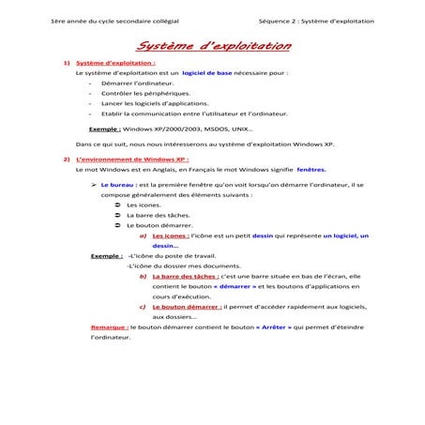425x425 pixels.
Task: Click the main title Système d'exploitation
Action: tap(212, 46)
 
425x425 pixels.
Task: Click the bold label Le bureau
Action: tap(117, 186)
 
